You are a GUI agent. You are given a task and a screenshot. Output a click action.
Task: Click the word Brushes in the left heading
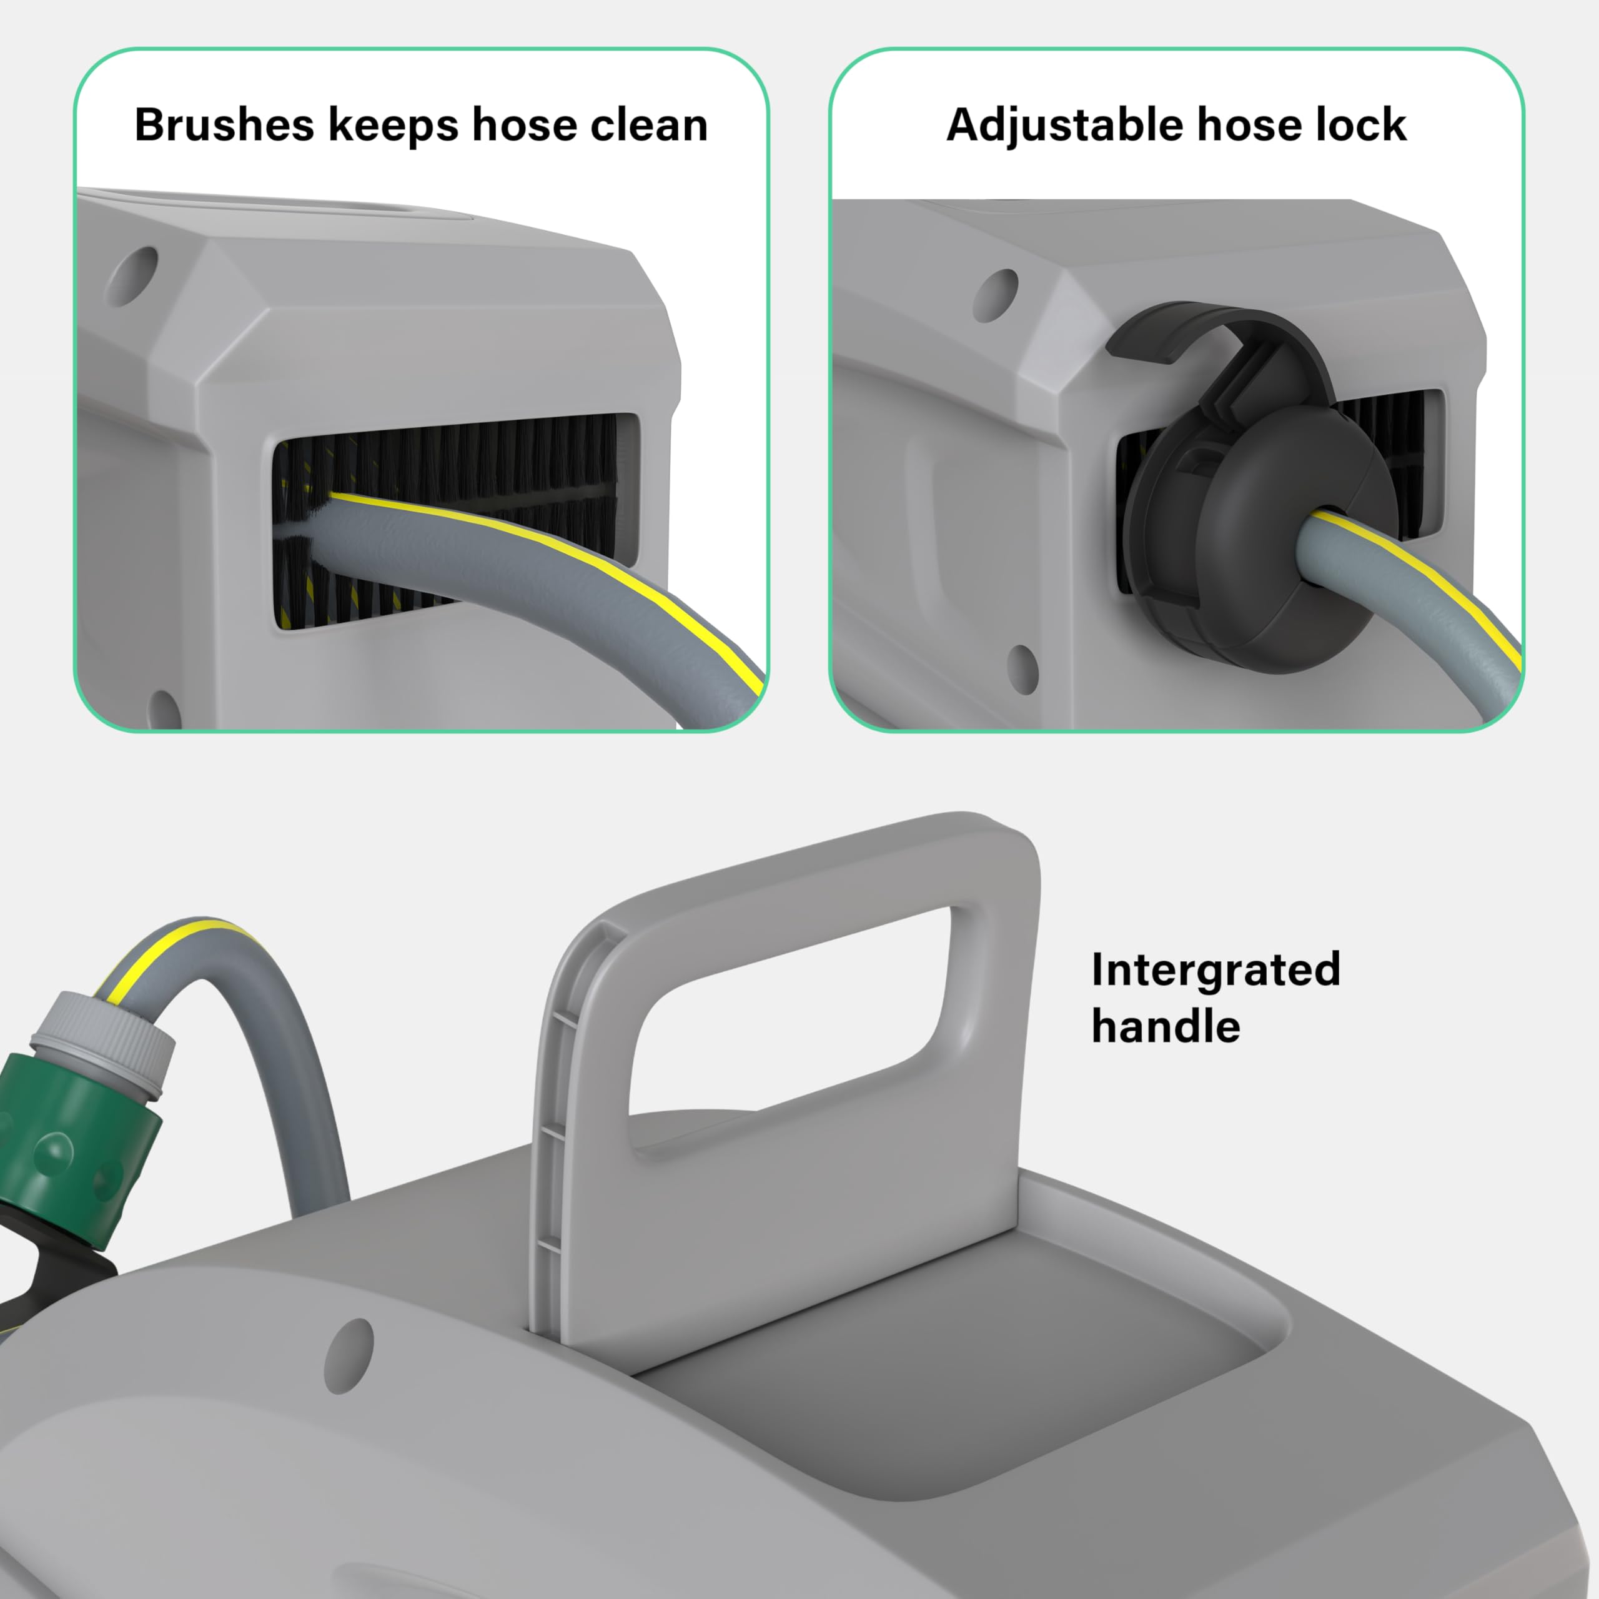click(x=224, y=125)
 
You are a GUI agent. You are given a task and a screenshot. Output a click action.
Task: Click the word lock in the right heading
click(x=1367, y=125)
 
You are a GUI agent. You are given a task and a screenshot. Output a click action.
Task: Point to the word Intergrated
click(x=1215, y=969)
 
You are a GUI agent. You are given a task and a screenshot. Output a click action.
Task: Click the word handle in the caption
click(x=1166, y=1026)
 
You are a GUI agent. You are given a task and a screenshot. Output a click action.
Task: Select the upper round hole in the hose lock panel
click(x=996, y=295)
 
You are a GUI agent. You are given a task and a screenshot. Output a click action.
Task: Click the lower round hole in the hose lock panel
click(x=1024, y=669)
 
